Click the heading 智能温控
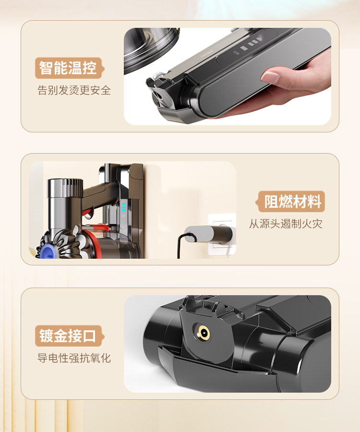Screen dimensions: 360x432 pos(68,68)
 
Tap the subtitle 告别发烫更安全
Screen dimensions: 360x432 pos(74,90)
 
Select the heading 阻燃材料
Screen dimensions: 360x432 pos(293,202)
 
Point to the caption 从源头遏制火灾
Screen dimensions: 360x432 pos(286,224)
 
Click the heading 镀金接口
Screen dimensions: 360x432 pos(68,336)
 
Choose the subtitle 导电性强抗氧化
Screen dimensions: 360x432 pos(74,358)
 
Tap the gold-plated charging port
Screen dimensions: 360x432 pos(204,334)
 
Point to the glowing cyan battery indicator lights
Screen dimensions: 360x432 pos(124,207)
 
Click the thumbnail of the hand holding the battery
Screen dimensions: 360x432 pos(227,76)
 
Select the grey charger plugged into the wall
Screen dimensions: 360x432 pos(208,234)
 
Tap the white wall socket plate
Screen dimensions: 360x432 pos(222,234)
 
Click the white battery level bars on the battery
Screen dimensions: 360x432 pos(251,44)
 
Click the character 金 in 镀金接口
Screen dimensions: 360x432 pos(60,336)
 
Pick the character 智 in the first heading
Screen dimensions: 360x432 pos(46,68)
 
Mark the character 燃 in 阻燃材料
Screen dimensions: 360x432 pos(286,202)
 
